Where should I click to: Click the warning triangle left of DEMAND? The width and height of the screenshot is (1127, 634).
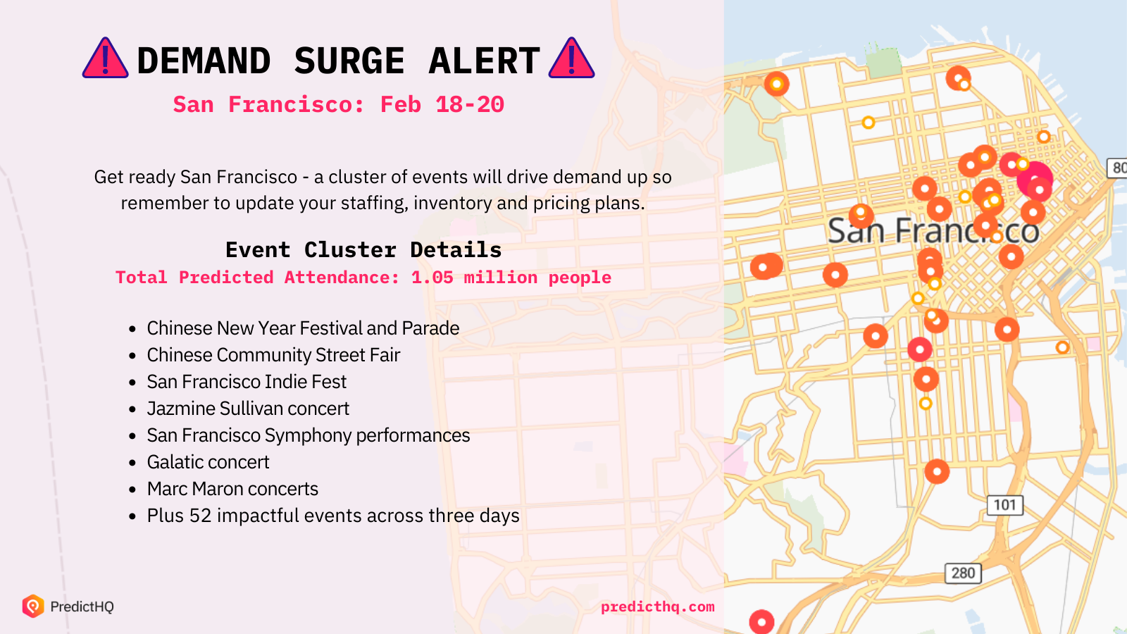click(x=105, y=58)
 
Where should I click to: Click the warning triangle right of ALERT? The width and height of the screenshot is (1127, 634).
click(x=571, y=58)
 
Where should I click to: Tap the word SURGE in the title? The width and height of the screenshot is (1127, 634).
click(x=349, y=61)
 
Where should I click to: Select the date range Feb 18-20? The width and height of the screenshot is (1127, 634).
click(x=442, y=105)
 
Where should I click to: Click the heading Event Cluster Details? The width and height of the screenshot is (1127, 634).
click(x=363, y=250)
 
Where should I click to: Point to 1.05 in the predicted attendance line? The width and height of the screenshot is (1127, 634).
click(x=432, y=278)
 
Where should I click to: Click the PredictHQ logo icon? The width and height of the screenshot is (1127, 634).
click(x=33, y=606)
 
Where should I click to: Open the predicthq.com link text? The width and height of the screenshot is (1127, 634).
click(x=658, y=607)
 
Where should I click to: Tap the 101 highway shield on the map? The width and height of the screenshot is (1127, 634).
click(x=1004, y=504)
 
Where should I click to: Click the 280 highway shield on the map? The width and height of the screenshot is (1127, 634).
click(x=963, y=573)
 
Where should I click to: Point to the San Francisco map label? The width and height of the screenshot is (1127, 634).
click(x=934, y=231)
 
